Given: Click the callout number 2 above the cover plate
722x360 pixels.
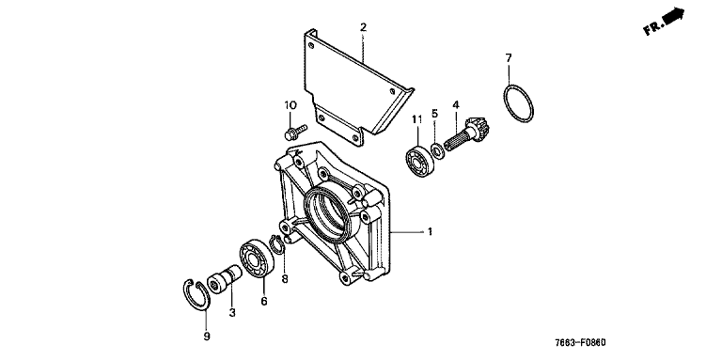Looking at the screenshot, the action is pos(363,27).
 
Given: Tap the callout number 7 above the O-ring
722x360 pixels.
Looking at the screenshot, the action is pos(509,58).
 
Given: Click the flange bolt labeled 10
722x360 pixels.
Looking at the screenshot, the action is pos(295,132).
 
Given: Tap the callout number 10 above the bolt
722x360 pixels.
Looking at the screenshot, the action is pos(290,105).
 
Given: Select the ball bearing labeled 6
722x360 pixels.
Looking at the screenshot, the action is pos(257,258).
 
